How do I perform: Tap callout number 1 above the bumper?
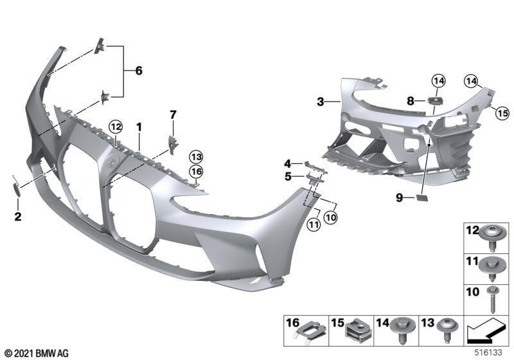pos(139,127)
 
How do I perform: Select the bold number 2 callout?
pos(18,217)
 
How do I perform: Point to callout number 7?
pos(172,114)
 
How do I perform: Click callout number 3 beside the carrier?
pos(320,101)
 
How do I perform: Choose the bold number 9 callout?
pos(399,199)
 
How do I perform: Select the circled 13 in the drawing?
pos(195,156)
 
